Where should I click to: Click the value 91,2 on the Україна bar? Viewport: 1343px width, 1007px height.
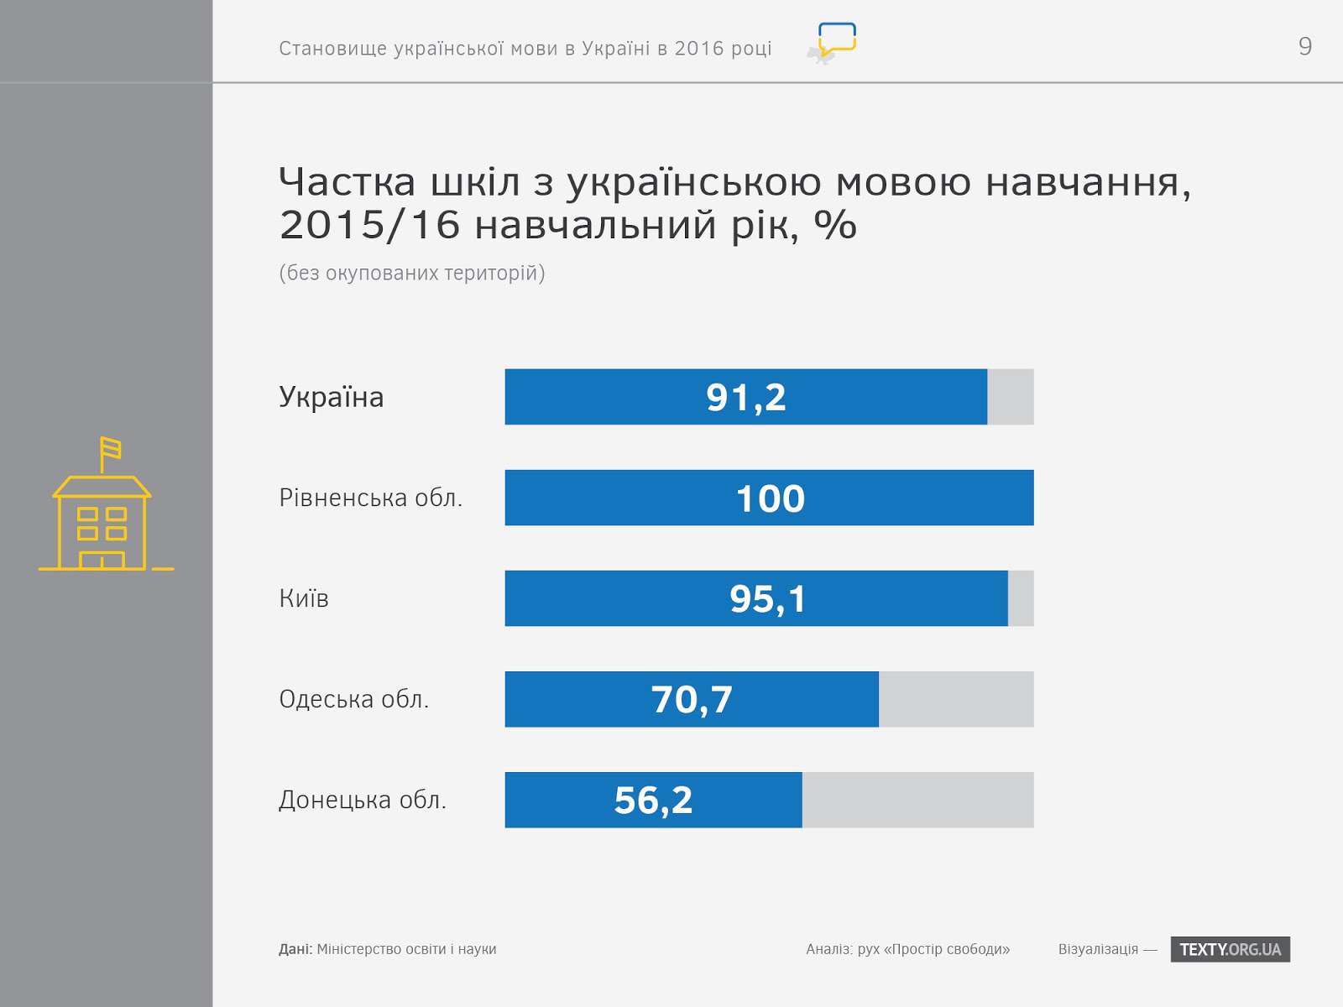pos(745,398)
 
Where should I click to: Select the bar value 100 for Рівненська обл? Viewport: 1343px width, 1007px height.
pos(770,498)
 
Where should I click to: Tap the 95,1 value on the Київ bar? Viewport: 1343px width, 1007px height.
pos(767,599)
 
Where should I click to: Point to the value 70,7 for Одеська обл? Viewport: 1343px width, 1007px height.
pos(692,700)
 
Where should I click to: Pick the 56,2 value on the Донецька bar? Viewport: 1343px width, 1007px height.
pos(653,801)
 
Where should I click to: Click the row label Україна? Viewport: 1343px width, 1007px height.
pos(331,398)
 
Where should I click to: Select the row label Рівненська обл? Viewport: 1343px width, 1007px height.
pos(370,498)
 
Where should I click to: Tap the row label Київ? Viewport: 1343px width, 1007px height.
pos(304,599)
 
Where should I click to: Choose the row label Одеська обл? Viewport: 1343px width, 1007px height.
pos(353,700)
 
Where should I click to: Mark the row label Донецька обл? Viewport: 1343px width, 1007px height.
pos(362,801)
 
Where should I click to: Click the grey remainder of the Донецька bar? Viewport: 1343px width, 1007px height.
pos(917,801)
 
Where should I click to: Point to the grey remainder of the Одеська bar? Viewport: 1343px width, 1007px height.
pos(956,700)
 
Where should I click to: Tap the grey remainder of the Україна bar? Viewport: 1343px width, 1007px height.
pos(1011,398)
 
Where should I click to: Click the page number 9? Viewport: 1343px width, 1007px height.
pos(1304,46)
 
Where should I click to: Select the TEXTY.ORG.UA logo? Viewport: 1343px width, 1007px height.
pos(1230,949)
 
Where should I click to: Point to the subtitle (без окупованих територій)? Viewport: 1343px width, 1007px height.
pos(411,273)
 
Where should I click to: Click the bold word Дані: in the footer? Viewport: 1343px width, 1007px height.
pos(295,949)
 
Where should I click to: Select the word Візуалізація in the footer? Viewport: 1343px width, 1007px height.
pos(1098,949)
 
